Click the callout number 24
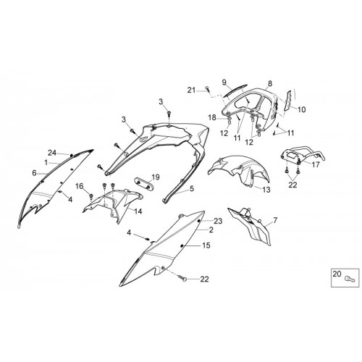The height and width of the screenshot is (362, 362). tap(52, 153)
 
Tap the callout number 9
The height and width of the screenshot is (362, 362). tap(224, 83)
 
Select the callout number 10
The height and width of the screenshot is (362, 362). tap(301, 110)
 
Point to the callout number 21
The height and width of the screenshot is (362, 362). tap(192, 90)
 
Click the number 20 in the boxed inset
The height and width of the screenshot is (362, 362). tap(337, 274)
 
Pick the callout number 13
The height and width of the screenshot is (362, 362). tap(266, 190)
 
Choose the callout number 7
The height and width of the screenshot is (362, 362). tap(275, 220)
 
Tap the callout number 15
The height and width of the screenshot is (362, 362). tap(206, 245)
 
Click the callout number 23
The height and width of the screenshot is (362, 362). tap(218, 221)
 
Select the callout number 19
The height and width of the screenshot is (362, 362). tap(156, 177)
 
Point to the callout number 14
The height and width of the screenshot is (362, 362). tap(138, 211)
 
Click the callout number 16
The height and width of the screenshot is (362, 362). tap(80, 186)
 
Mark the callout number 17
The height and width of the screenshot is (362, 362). tap(316, 164)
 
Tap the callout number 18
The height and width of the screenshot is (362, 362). tap(213, 118)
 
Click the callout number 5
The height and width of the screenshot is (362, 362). tap(192, 188)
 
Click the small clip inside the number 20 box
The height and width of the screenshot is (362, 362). tap(350, 279)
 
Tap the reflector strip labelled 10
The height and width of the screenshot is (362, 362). tap(289, 101)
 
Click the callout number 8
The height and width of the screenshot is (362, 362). tap(270, 83)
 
